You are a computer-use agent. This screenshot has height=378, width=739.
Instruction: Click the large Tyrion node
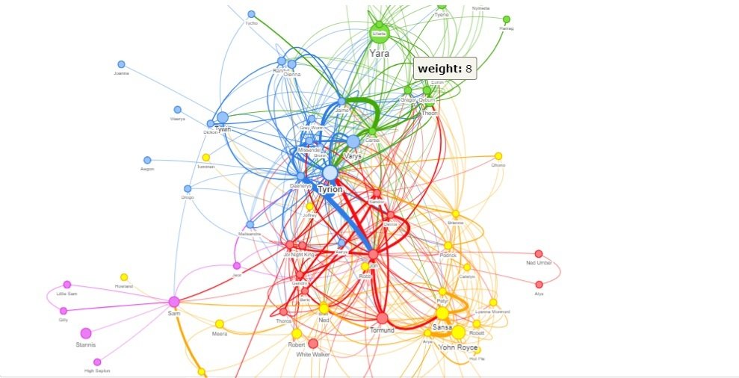[330, 173]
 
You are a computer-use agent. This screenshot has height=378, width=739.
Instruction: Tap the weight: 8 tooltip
[445, 69]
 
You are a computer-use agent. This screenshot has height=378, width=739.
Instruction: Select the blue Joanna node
[121, 64]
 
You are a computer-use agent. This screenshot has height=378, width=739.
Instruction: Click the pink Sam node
[174, 302]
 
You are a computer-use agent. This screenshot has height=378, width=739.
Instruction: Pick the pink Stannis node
[86, 333]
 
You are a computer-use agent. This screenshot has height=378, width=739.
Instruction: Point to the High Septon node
[97, 362]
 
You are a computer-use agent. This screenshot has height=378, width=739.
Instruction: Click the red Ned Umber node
[539, 254]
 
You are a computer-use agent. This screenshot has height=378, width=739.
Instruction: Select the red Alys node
[539, 285]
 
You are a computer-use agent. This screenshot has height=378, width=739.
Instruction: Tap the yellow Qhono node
[498, 156]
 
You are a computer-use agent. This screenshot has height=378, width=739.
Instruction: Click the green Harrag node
[507, 19]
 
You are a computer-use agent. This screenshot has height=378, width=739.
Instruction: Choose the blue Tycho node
[251, 14]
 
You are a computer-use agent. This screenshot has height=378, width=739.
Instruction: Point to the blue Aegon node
[147, 160]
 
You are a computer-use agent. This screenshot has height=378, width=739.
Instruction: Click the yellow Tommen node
[206, 158]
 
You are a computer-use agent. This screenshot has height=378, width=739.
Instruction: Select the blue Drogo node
[188, 189]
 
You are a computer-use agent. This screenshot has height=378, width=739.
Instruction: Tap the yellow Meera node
[220, 324]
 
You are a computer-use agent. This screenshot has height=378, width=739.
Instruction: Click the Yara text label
[380, 54]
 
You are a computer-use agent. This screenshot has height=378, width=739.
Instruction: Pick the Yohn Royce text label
[458, 347]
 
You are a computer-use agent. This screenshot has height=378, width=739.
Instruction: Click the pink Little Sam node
[67, 285]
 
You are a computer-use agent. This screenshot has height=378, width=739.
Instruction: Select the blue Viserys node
[177, 110]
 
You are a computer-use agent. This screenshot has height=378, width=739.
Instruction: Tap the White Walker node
[313, 344]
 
